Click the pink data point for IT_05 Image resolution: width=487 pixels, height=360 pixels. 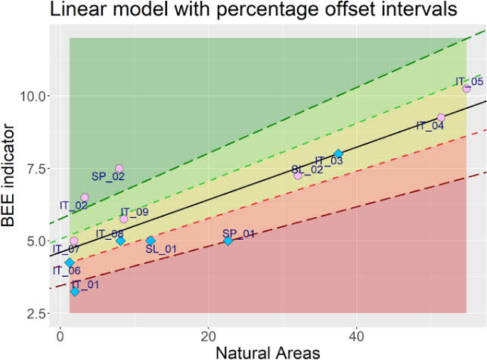[x=467, y=88]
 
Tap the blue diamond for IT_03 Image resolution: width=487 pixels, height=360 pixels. [x=338, y=154]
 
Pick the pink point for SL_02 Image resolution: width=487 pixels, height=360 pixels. [x=298, y=175]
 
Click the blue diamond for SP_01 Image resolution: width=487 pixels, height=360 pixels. [x=228, y=241]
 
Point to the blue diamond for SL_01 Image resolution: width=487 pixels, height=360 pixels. [x=150, y=241]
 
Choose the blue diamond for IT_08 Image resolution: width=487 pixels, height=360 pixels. [x=120, y=241]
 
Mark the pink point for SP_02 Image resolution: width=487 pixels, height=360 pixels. [x=119, y=169]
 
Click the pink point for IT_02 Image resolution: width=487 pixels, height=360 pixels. [x=85, y=197]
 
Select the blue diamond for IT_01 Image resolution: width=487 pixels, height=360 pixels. [x=74, y=291]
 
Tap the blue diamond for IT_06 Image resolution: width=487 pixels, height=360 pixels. [x=70, y=262]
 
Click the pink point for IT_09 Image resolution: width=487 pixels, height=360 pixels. [x=124, y=219]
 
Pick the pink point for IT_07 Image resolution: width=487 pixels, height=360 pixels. [x=73, y=241]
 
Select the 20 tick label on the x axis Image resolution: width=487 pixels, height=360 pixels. [x=208, y=335]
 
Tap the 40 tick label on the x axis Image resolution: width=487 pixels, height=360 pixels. [x=357, y=335]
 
